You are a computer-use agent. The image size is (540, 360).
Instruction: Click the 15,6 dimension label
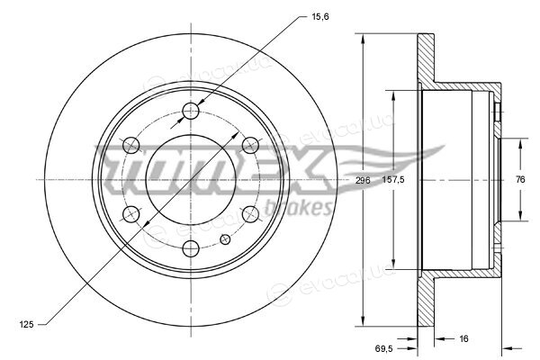coord(320,16)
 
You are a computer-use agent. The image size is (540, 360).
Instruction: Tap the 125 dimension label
coord(26,324)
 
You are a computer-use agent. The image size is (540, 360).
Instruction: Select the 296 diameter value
coord(363,180)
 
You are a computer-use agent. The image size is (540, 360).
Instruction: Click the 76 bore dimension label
coord(520,179)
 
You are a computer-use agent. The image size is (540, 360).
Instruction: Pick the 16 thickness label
coord(463,338)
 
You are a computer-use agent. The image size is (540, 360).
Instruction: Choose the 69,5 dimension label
coord(384,348)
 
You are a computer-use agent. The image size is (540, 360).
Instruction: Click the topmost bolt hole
coord(191,111)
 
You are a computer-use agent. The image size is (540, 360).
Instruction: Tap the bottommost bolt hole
coord(191,248)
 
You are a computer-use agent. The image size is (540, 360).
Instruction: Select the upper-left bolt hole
coord(131,145)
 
